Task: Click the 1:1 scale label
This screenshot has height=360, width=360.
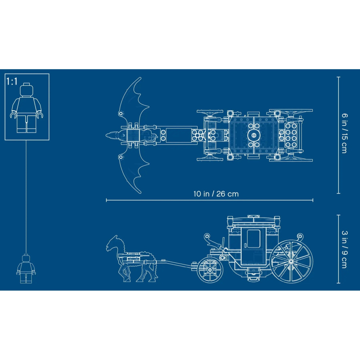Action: [12, 81]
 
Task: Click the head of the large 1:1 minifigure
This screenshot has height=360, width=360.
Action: [27, 90]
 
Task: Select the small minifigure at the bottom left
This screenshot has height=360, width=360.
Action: [26, 269]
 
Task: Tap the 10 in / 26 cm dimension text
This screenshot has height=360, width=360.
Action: [216, 194]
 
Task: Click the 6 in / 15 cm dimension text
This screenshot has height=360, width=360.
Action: [345, 133]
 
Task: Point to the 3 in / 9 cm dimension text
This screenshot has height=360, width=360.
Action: [345, 249]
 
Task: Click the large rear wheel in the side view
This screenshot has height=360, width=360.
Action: [291, 261]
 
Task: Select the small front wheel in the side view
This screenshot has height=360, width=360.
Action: [210, 270]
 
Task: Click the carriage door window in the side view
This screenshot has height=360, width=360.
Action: [253, 238]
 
